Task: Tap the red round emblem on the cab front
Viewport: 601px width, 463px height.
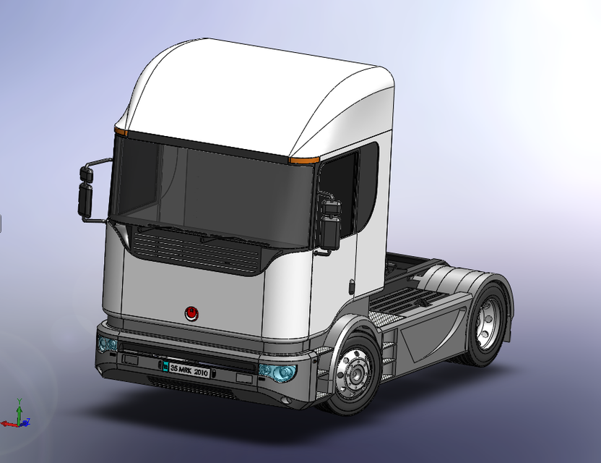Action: [x=191, y=313]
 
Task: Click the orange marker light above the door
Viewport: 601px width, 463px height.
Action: [x=304, y=158]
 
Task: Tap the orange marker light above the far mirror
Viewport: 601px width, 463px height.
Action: [x=121, y=132]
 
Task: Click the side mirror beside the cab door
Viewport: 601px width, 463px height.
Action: [x=330, y=224]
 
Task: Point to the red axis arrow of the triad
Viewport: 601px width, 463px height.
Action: [x=7, y=423]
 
